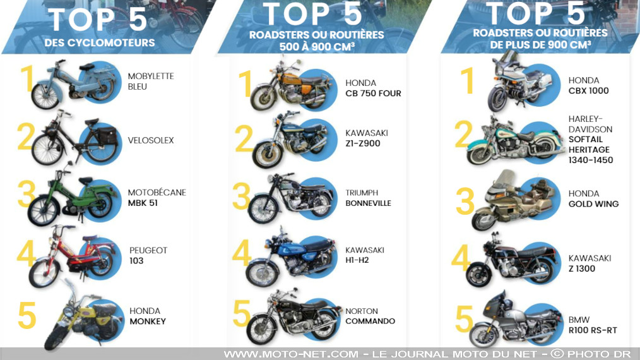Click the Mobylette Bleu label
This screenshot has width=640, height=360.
[x=150, y=81]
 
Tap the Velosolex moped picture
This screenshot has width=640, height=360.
[x=74, y=138]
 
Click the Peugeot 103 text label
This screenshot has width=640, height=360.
[x=148, y=255]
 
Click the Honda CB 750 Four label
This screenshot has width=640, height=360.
[x=373, y=88]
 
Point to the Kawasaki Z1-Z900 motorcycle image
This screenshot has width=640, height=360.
[x=290, y=140]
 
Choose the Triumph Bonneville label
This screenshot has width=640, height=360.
[x=368, y=198]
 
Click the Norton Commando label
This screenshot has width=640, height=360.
[x=370, y=316]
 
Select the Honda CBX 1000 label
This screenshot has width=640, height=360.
[x=588, y=85]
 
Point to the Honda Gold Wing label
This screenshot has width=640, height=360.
[x=593, y=198]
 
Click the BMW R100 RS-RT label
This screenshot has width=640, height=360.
[x=592, y=325]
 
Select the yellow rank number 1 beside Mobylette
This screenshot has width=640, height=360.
[x=27, y=80]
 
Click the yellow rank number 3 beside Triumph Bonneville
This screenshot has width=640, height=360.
[x=241, y=197]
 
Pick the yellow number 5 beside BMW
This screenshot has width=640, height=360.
[x=464, y=319]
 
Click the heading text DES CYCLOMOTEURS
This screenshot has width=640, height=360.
[x=100, y=43]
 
